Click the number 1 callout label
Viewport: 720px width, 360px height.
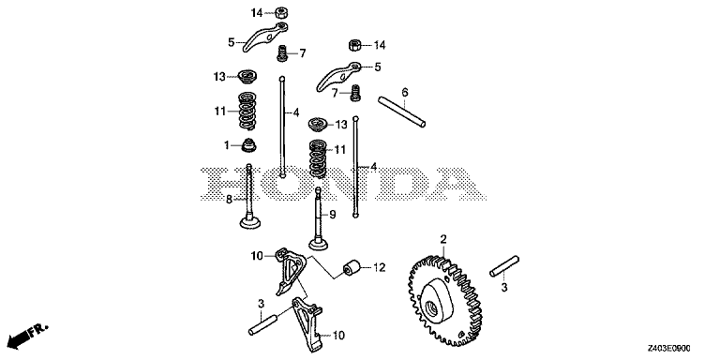click(226, 145)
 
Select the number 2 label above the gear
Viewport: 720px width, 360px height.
click(444, 240)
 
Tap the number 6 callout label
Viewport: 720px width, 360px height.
click(405, 92)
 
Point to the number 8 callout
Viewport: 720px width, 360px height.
click(229, 199)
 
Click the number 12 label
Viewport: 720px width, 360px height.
click(381, 268)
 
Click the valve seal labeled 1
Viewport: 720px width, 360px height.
click(249, 145)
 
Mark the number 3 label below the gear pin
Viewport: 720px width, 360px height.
click(504, 289)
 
